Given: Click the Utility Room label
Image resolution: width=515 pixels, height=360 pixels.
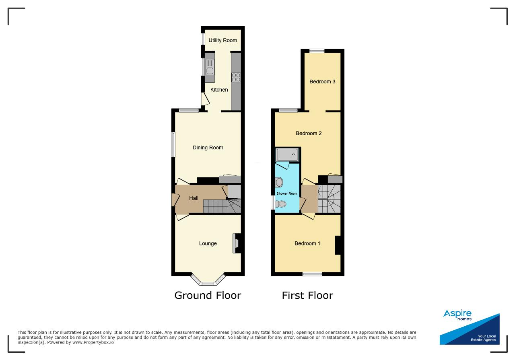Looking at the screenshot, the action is [x=222, y=41].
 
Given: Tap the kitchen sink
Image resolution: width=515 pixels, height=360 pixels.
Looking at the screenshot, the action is [x=210, y=67].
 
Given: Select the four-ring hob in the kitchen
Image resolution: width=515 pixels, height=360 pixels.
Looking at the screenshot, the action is [x=236, y=77].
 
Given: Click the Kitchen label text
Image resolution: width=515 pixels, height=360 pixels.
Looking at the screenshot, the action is [x=219, y=90].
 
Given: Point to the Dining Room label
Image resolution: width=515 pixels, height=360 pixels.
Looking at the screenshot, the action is [x=208, y=148].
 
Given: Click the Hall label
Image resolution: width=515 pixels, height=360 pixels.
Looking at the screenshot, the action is [x=194, y=198].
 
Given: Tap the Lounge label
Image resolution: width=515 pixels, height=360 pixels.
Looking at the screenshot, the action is [x=208, y=243].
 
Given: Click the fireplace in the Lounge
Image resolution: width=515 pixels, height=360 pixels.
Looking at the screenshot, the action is [x=237, y=243].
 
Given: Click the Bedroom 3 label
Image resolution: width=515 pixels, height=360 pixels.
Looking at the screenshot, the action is [x=322, y=82].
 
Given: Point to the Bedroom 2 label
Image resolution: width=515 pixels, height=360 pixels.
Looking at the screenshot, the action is [x=309, y=133].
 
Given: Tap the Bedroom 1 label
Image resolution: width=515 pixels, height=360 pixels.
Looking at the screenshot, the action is [x=307, y=243].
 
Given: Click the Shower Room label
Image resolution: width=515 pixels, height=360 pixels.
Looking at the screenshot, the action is [x=287, y=193].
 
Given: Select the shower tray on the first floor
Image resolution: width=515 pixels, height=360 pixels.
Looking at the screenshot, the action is [x=287, y=154].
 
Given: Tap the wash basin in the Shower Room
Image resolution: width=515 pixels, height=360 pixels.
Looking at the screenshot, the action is [x=279, y=182].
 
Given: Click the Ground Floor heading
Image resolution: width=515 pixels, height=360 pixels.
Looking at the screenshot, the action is [x=208, y=296].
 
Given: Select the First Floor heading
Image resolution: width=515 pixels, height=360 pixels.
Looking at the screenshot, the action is [x=307, y=296].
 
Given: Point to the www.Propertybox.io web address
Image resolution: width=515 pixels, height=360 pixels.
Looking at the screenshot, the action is [x=93, y=343].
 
